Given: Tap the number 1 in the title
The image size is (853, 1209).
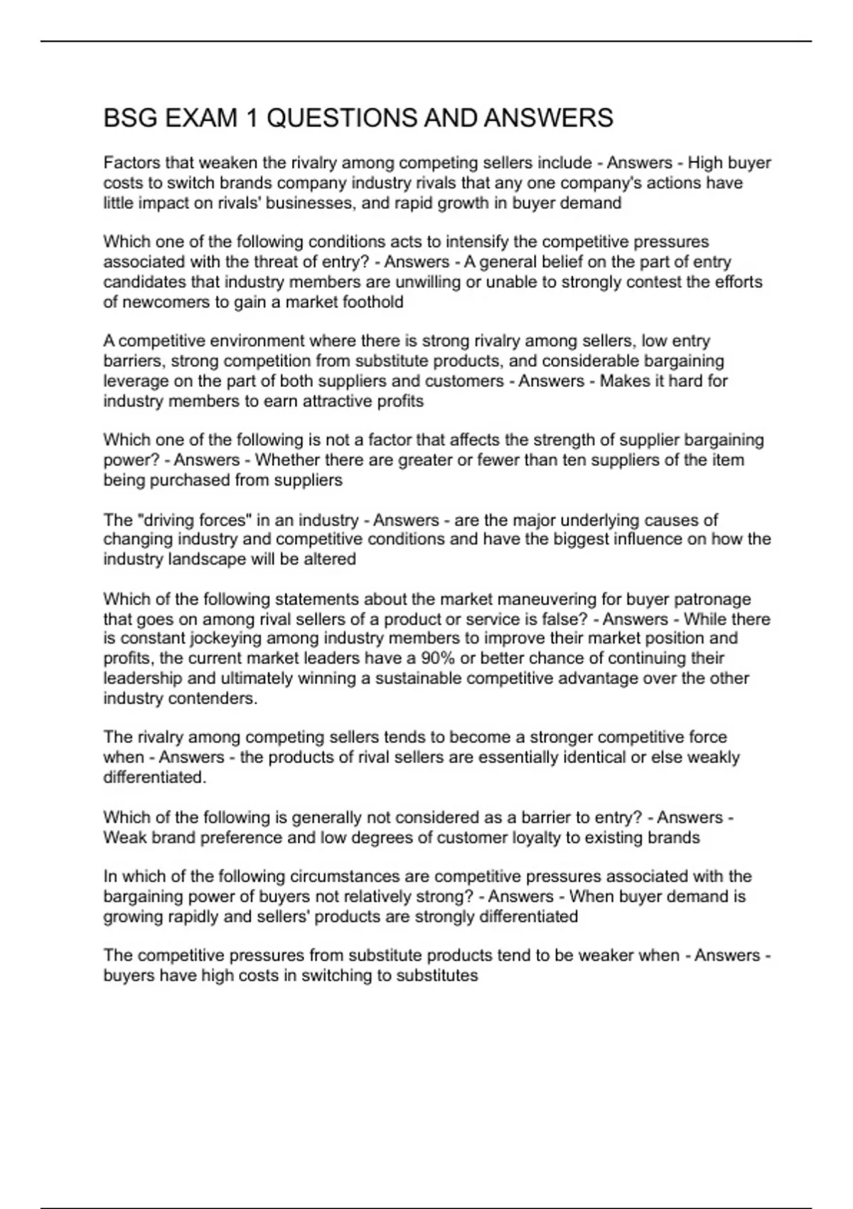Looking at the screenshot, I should point(252,118).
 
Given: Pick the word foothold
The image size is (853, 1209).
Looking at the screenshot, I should point(372,302).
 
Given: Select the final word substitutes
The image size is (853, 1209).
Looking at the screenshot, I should point(436,975).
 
